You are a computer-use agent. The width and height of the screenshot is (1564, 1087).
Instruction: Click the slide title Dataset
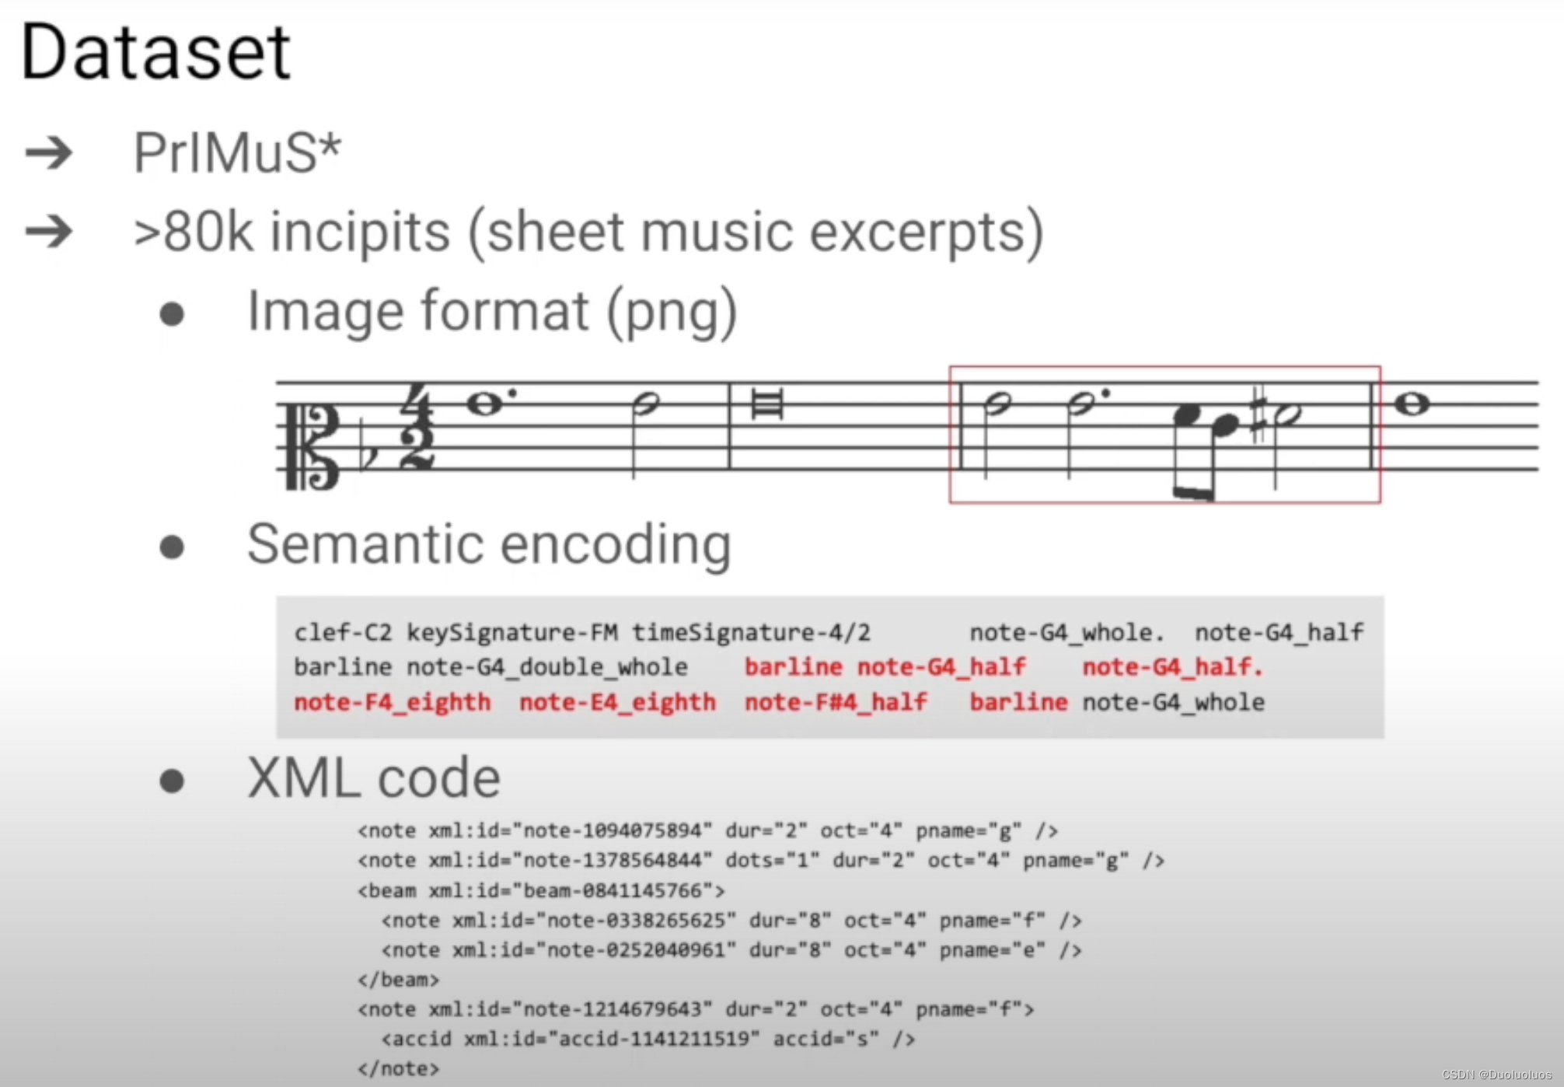click(155, 53)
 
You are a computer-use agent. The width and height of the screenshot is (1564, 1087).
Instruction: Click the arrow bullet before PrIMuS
click(49, 152)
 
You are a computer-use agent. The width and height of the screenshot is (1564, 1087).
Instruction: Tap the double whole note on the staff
click(767, 405)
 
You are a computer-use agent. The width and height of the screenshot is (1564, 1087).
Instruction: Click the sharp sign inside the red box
click(1259, 414)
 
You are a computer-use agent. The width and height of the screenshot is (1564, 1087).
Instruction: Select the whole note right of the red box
click(1412, 404)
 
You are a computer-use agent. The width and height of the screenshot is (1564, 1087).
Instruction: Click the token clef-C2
click(343, 632)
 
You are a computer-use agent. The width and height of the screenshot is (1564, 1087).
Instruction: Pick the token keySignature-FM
click(512, 632)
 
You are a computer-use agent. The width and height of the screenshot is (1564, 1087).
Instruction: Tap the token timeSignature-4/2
click(750, 632)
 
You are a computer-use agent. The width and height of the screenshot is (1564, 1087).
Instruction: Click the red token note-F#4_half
click(836, 702)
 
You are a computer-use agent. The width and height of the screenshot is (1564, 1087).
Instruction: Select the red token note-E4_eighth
click(617, 702)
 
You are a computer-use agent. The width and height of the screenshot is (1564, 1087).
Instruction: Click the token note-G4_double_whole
click(546, 667)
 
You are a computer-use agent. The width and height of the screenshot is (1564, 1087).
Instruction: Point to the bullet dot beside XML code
click(172, 780)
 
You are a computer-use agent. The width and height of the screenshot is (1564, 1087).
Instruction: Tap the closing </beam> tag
click(398, 980)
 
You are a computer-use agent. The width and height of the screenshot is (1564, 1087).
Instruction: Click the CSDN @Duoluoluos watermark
click(1496, 1075)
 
